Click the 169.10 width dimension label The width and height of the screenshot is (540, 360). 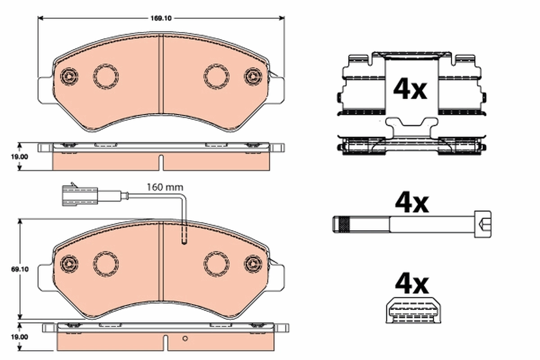coord(160,18)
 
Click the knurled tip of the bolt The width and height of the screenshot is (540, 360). coord(343,224)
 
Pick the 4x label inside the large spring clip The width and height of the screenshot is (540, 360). coord(409,89)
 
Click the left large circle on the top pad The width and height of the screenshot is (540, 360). coord(106,75)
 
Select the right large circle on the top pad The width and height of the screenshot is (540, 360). coord(216,75)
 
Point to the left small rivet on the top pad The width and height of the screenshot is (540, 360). coord(68,76)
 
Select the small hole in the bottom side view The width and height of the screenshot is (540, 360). coord(184,338)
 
